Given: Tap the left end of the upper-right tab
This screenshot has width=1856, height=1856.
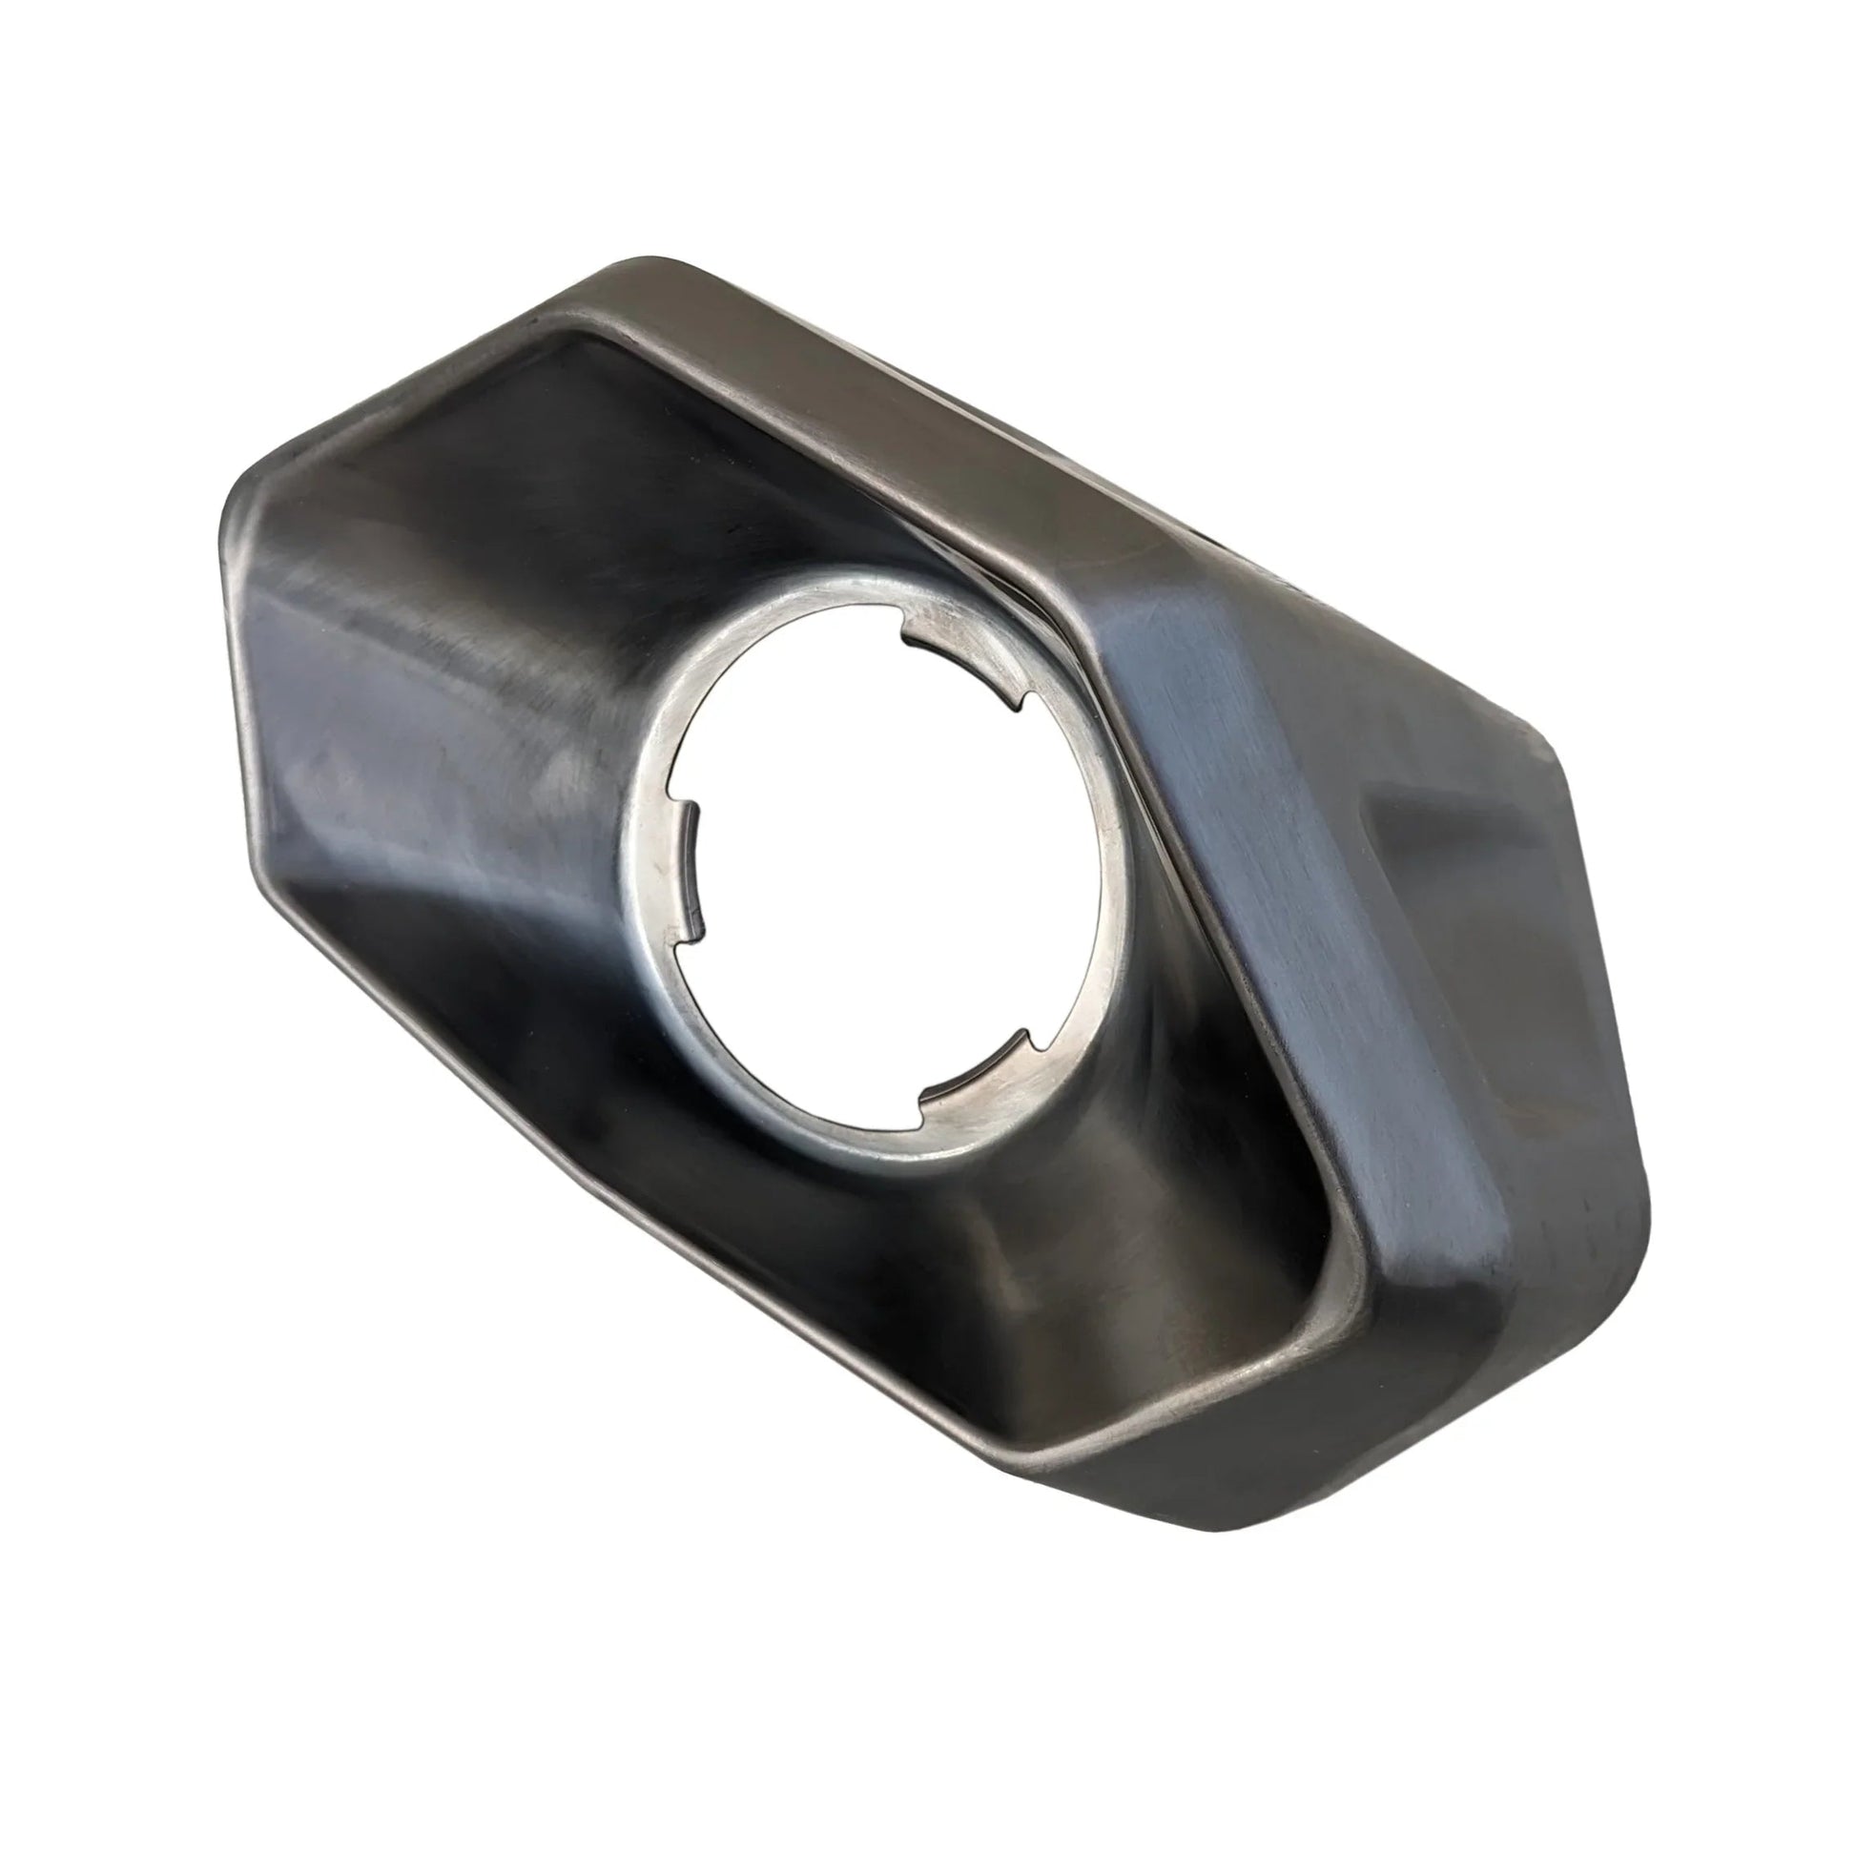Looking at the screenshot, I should point(908,629).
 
